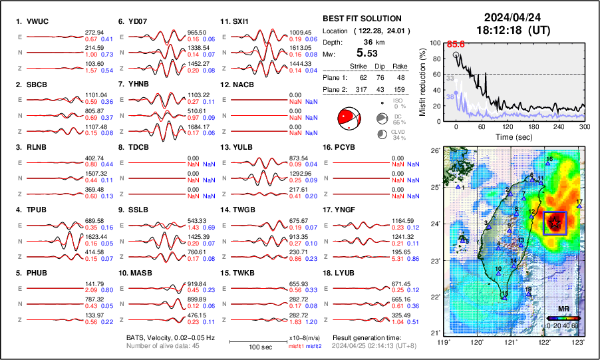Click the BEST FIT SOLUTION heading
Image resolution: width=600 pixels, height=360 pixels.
pyautogui.click(x=362, y=19)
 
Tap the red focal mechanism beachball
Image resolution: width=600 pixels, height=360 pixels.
pyautogui.click(x=348, y=118)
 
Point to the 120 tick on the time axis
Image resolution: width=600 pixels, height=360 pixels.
pyautogui.click(x=508, y=126)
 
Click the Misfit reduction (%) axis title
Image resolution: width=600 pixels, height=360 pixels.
pyautogui.click(x=423, y=81)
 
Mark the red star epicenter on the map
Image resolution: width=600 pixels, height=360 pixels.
pyautogui.click(x=554, y=223)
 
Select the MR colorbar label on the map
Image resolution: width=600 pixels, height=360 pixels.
pyautogui.click(x=563, y=309)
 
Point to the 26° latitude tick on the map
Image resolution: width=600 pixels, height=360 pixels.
pyautogui.click(x=434, y=151)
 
